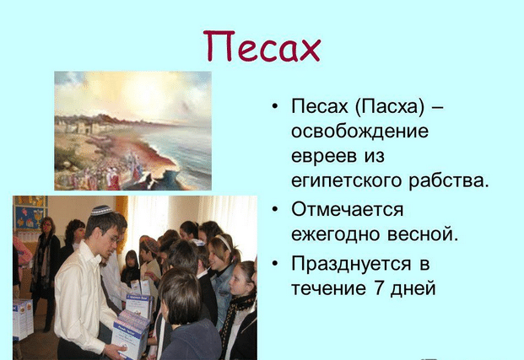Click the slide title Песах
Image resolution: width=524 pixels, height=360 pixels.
(262, 46)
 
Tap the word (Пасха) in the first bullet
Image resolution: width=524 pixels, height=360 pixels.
(390, 107)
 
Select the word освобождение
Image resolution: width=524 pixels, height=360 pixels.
(359, 132)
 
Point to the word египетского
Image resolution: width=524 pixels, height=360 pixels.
(346, 181)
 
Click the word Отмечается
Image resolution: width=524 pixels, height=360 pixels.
(347, 210)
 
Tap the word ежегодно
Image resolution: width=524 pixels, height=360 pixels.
(336, 234)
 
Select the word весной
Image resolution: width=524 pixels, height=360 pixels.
(423, 234)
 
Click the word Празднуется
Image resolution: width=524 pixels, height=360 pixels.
(351, 264)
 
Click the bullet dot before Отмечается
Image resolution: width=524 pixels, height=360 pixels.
(275, 210)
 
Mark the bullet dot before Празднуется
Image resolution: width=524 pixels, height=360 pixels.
(275, 264)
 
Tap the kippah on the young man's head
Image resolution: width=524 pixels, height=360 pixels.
(101, 211)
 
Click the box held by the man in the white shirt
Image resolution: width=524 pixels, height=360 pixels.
(130, 334)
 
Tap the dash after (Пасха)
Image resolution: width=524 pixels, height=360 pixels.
(438, 108)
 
